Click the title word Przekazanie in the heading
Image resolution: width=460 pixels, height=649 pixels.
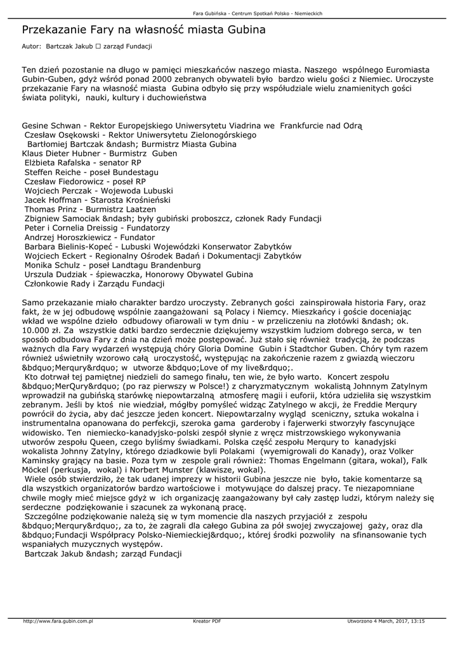tap(54, 30)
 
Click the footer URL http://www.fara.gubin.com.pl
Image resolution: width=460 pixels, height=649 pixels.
tap(58, 621)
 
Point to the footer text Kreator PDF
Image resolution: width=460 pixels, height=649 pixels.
tap(207, 621)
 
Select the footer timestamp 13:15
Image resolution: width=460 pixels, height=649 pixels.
tap(417, 621)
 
